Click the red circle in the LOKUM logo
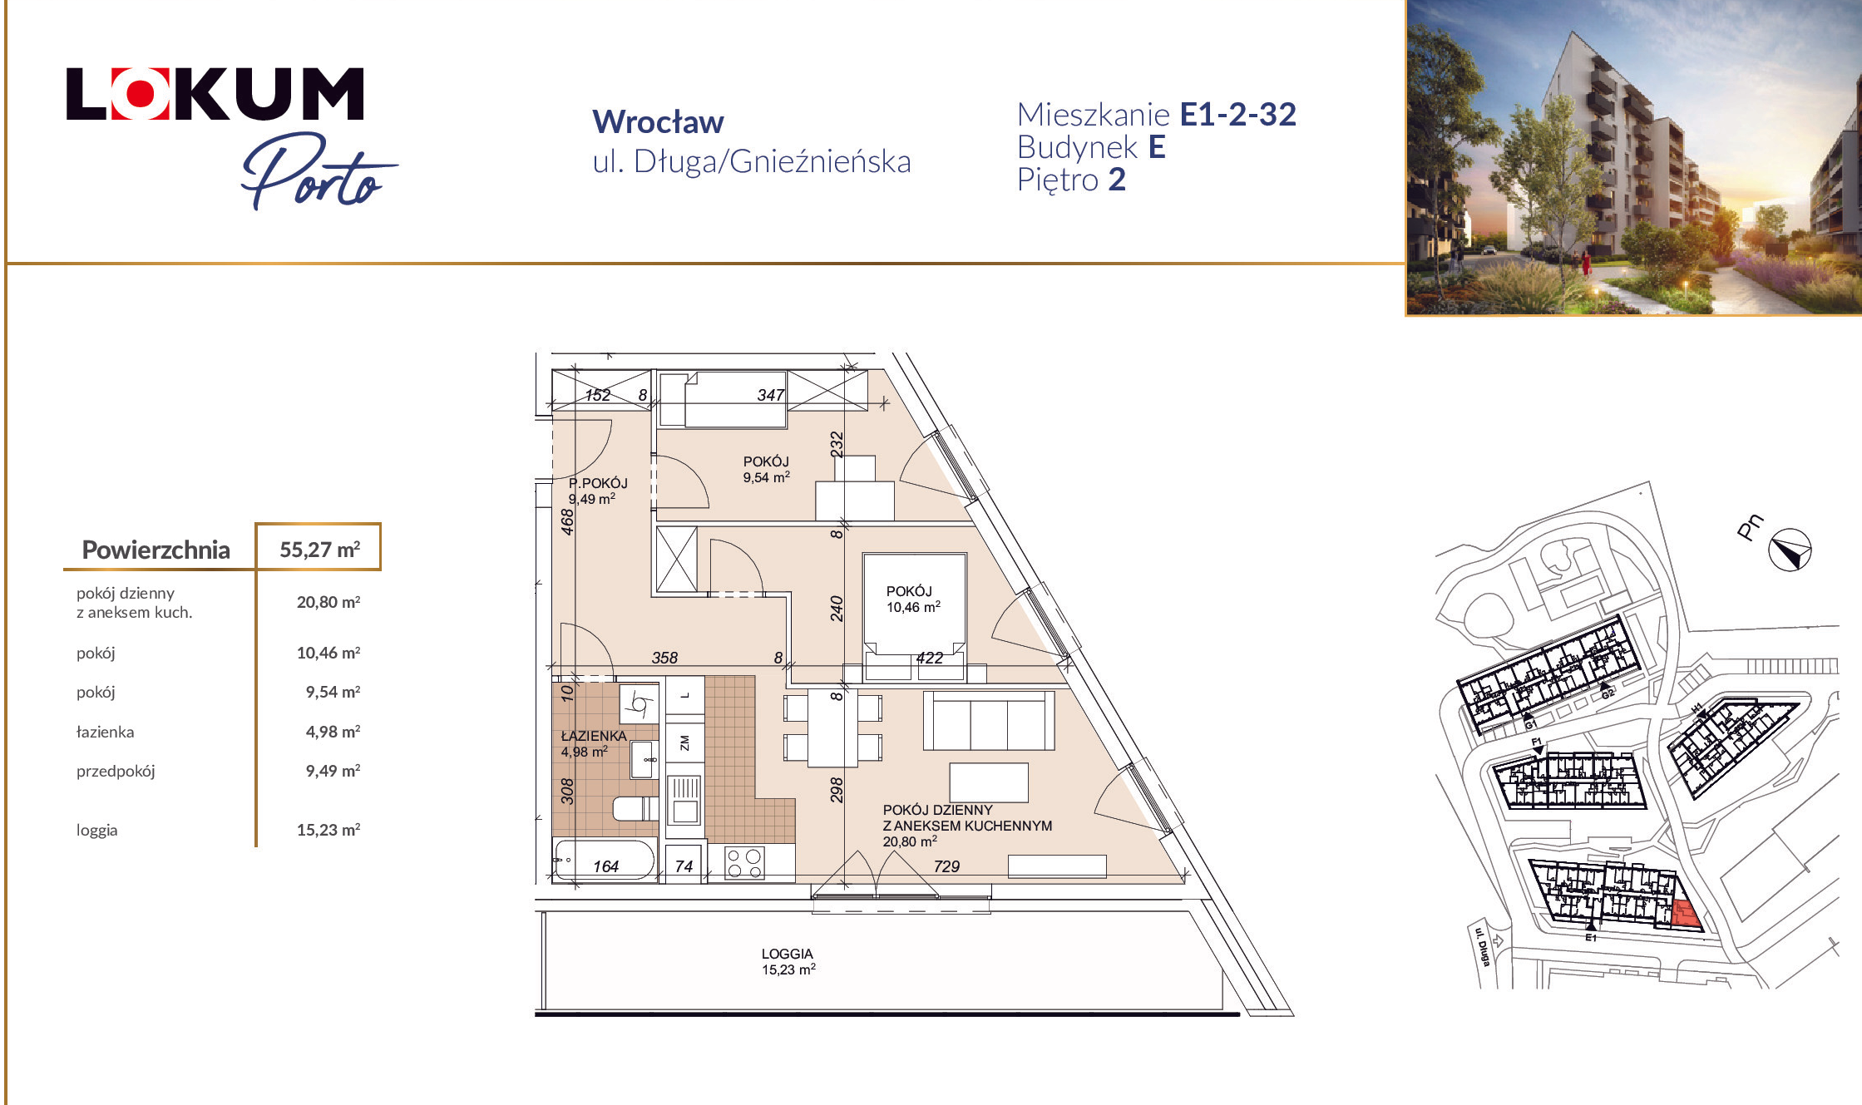click(x=141, y=94)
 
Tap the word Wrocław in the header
click(x=658, y=122)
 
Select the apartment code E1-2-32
click(x=1237, y=115)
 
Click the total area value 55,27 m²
click(x=319, y=550)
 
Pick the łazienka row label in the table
click(x=105, y=732)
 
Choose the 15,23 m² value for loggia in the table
click(x=328, y=830)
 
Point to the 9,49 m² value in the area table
click(x=333, y=771)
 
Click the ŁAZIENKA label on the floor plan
click(x=594, y=736)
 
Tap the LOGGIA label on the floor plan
click(x=787, y=954)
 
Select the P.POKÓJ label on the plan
click(x=598, y=483)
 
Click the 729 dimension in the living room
click(x=946, y=866)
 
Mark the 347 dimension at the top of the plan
click(x=771, y=395)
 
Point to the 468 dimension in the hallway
click(x=567, y=522)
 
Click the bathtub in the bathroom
click(x=605, y=861)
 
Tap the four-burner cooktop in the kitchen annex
click(x=744, y=863)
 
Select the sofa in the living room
click(x=988, y=721)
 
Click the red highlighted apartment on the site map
click(x=1685, y=915)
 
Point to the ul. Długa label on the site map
click(x=1482, y=947)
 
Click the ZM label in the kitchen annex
click(x=684, y=742)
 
